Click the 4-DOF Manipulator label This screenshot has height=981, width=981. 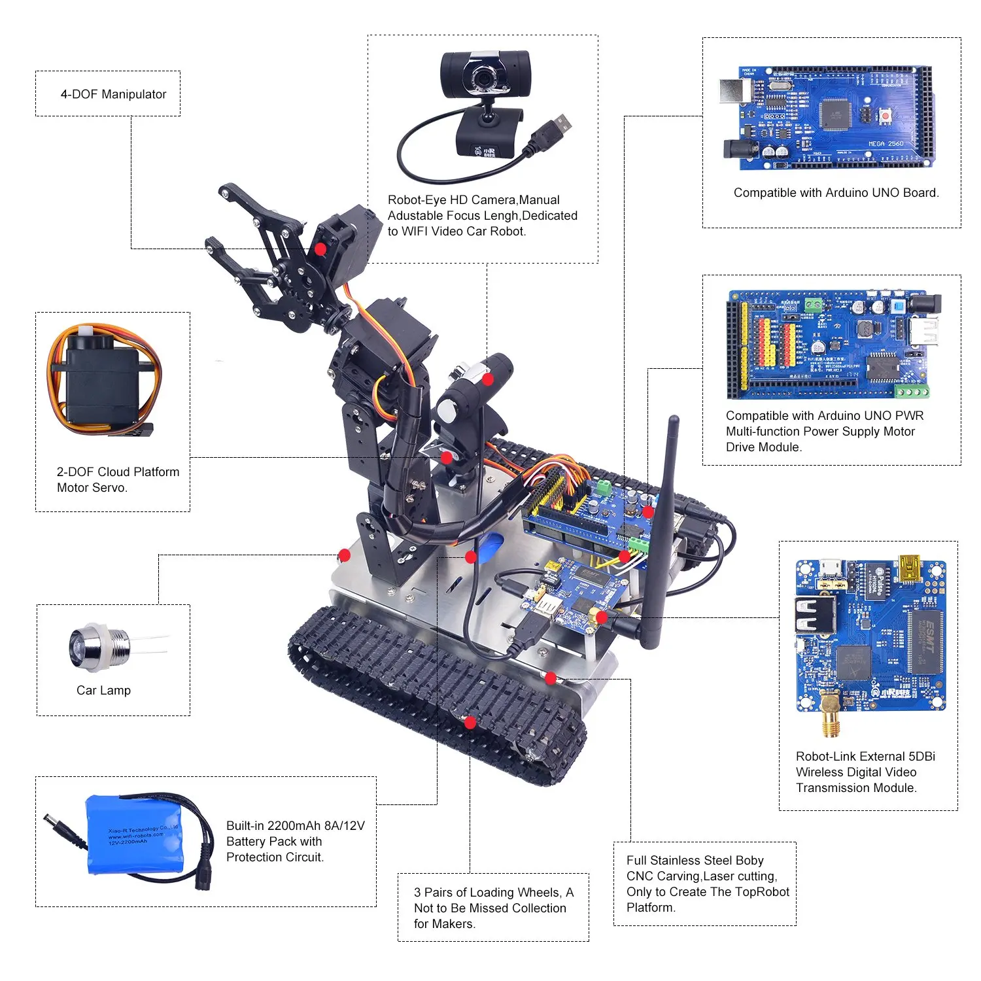(113, 94)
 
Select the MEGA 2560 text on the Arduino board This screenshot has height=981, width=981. (886, 143)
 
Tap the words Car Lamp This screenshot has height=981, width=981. (103, 690)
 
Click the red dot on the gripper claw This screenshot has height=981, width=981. (320, 249)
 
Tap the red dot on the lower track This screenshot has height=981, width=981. (469, 722)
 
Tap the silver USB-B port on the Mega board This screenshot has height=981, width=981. (730, 92)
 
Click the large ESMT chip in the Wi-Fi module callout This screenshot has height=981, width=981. (924, 642)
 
